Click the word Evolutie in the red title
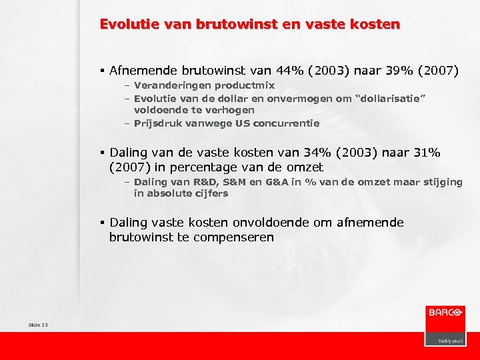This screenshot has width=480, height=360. point(124,25)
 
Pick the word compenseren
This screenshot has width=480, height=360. point(240,237)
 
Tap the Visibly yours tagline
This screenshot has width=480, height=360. point(450,341)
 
